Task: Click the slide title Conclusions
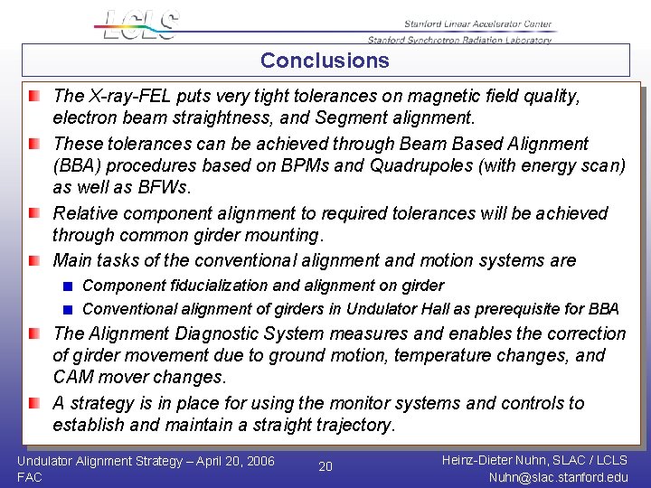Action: click(325, 61)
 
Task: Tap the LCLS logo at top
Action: click(141, 25)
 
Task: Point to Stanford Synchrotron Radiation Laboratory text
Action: click(459, 40)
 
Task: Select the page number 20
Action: click(325, 466)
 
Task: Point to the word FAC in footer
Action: click(30, 477)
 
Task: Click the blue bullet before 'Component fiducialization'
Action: click(67, 286)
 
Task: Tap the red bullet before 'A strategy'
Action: click(33, 403)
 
